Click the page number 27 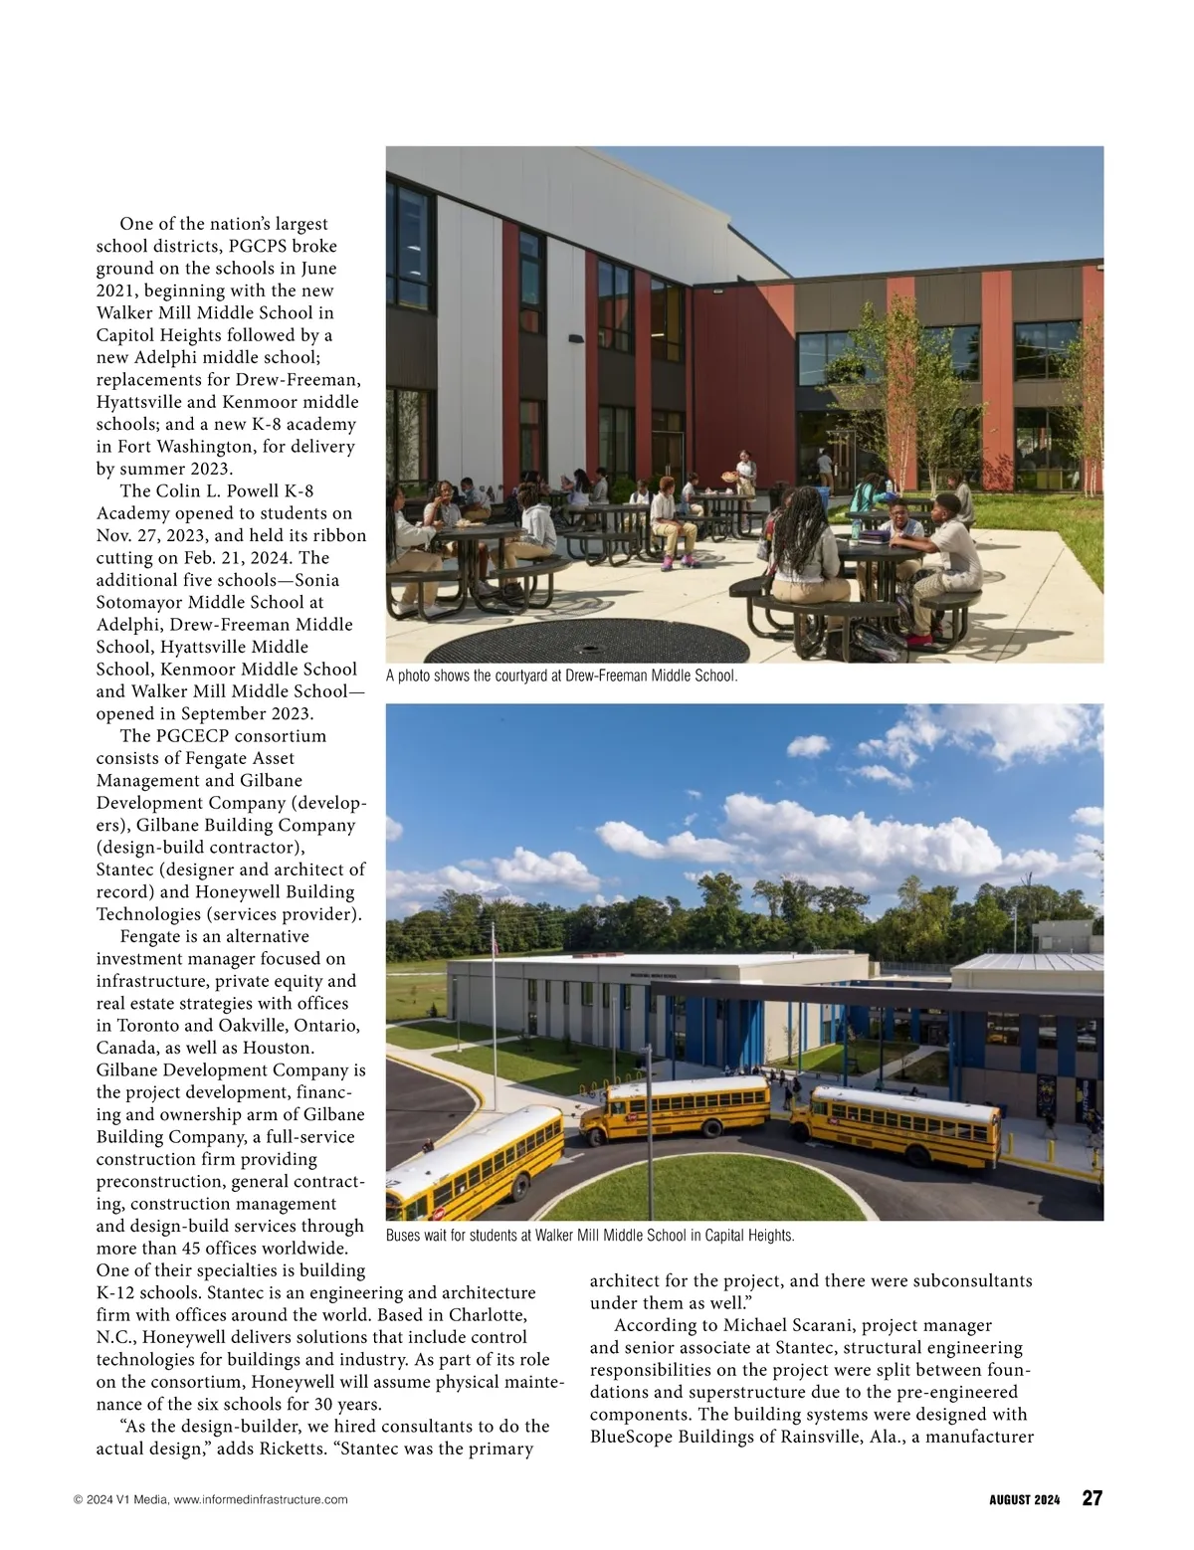(x=1092, y=1498)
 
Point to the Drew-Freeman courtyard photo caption (x=561, y=677)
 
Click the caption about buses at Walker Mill (x=590, y=1236)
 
